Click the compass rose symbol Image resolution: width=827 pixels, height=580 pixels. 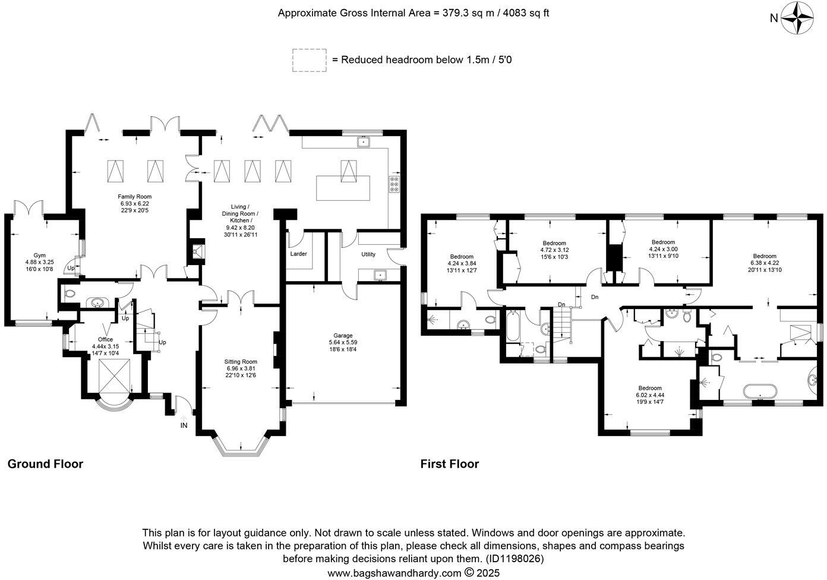pyautogui.click(x=797, y=18)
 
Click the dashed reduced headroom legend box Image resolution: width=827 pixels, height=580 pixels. pyautogui.click(x=309, y=61)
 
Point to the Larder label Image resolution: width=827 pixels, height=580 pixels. pyautogui.click(x=298, y=254)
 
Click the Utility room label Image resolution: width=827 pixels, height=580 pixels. pyautogui.click(x=368, y=254)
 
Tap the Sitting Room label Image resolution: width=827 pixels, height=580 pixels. pyautogui.click(x=241, y=361)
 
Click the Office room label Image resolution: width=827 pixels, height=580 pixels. pyautogui.click(x=105, y=339)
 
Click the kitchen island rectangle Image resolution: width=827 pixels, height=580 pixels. pyautogui.click(x=343, y=188)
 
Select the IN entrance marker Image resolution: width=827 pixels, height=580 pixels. pyautogui.click(x=184, y=425)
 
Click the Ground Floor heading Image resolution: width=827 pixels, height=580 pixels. pyautogui.click(x=45, y=464)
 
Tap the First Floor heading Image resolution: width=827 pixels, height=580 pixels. pyautogui.click(x=449, y=464)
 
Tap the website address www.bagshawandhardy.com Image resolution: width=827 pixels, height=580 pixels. pyautogui.click(x=394, y=573)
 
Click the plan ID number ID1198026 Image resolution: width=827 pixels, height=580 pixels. pyautogui.click(x=514, y=559)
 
